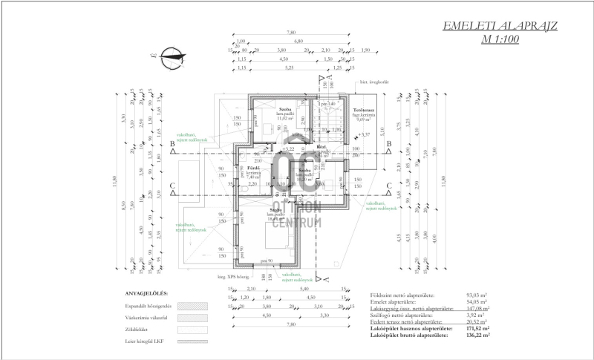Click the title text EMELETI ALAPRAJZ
pos(500,27)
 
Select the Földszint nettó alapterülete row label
pos(402,295)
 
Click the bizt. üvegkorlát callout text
pos(375,82)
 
